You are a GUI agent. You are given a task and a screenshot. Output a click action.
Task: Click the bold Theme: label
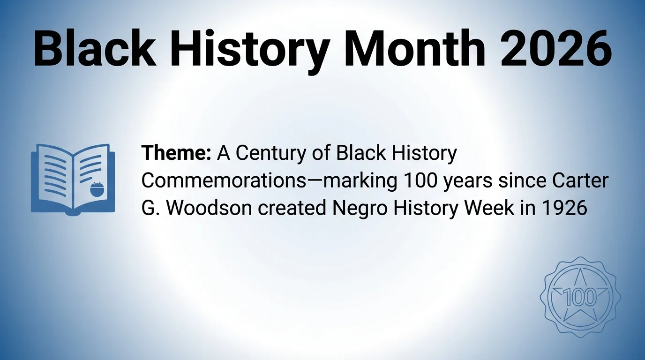(176, 153)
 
